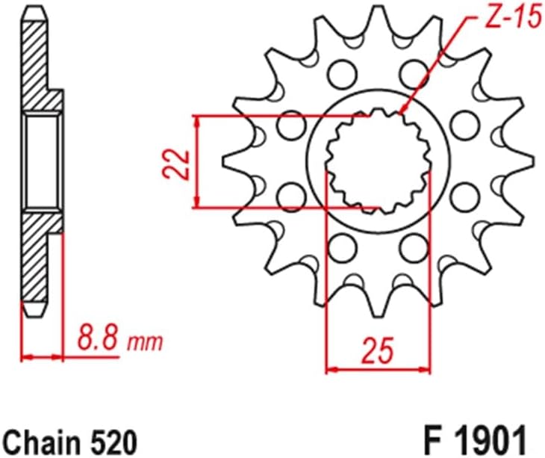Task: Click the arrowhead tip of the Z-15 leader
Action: tap(402, 113)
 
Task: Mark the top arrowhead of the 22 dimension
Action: tap(196, 120)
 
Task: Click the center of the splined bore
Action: tap(379, 160)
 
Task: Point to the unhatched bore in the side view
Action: tap(40, 161)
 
